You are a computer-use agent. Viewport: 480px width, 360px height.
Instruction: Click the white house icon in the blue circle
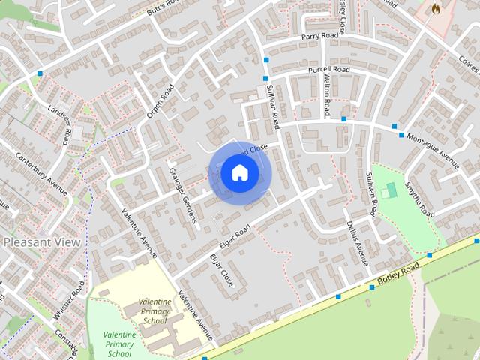239,173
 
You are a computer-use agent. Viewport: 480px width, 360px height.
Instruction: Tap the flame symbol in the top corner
436,9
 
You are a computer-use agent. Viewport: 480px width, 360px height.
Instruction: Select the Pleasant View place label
42,242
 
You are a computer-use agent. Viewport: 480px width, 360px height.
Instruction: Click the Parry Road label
321,36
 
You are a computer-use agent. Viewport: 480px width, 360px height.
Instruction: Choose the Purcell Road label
329,70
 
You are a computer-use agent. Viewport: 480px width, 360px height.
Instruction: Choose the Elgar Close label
221,271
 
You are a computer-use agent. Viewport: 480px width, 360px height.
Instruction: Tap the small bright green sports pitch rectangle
388,192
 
